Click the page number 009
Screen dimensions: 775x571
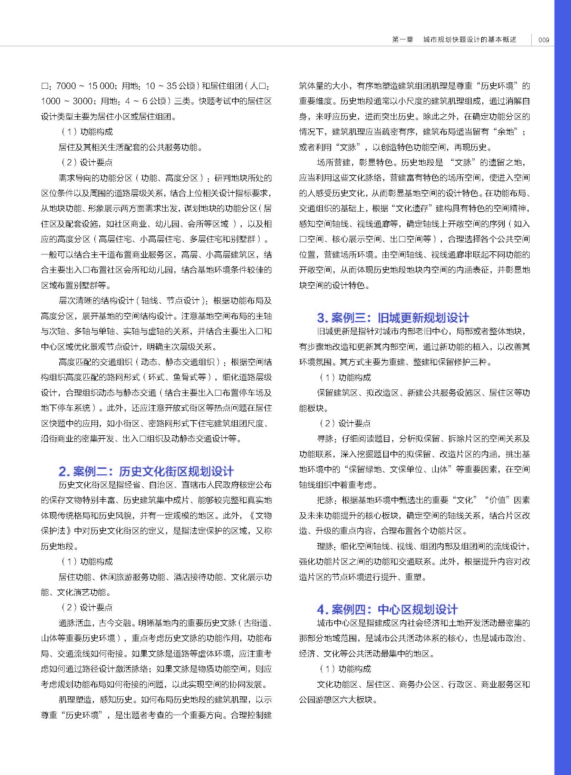544,40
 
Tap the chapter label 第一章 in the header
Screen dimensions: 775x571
403,39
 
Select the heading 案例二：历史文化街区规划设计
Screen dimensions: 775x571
146,471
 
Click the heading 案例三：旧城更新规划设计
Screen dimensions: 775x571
393,318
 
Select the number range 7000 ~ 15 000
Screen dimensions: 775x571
85,86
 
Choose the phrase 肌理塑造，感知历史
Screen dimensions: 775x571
95,700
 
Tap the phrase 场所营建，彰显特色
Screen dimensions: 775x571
353,163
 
